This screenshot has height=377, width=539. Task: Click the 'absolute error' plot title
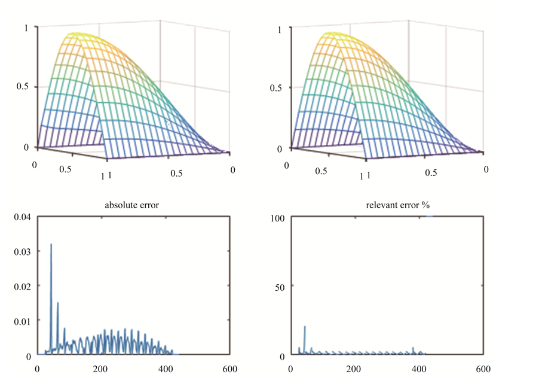click(x=132, y=206)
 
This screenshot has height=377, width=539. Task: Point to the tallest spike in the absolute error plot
click(x=51, y=244)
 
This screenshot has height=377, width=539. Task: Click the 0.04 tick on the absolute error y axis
click(x=22, y=217)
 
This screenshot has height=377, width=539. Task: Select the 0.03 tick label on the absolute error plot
click(x=22, y=252)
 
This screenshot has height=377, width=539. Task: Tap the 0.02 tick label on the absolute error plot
click(x=22, y=287)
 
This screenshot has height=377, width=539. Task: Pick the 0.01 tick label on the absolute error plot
click(x=22, y=321)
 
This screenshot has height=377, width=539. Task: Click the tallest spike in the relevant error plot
click(x=305, y=327)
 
